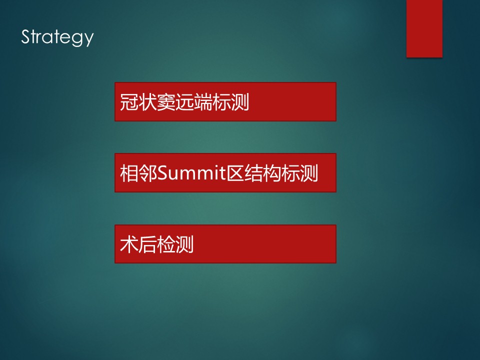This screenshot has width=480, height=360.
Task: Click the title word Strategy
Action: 57,37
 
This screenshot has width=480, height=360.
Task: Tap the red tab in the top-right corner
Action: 424,28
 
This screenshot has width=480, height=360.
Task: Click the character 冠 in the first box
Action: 129,102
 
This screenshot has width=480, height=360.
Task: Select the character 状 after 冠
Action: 147,102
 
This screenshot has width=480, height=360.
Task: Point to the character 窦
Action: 165,102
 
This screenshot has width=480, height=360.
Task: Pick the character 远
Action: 184,102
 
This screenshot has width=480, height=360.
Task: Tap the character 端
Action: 202,102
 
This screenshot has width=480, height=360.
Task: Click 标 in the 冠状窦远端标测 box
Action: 221,102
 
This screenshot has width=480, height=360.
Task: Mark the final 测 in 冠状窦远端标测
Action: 240,102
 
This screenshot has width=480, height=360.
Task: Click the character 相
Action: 129,173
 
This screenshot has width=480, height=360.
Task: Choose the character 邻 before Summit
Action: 147,173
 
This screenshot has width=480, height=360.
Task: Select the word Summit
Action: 191,173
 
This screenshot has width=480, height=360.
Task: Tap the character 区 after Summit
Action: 235,173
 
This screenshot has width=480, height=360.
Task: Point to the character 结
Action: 253,173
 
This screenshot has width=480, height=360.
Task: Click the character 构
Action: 272,173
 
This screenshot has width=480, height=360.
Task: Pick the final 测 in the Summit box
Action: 309,173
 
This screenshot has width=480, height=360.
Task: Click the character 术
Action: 129,244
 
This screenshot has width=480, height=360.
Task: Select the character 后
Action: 147,244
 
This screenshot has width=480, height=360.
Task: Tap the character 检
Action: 165,244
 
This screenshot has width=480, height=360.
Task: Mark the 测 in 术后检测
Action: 184,244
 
